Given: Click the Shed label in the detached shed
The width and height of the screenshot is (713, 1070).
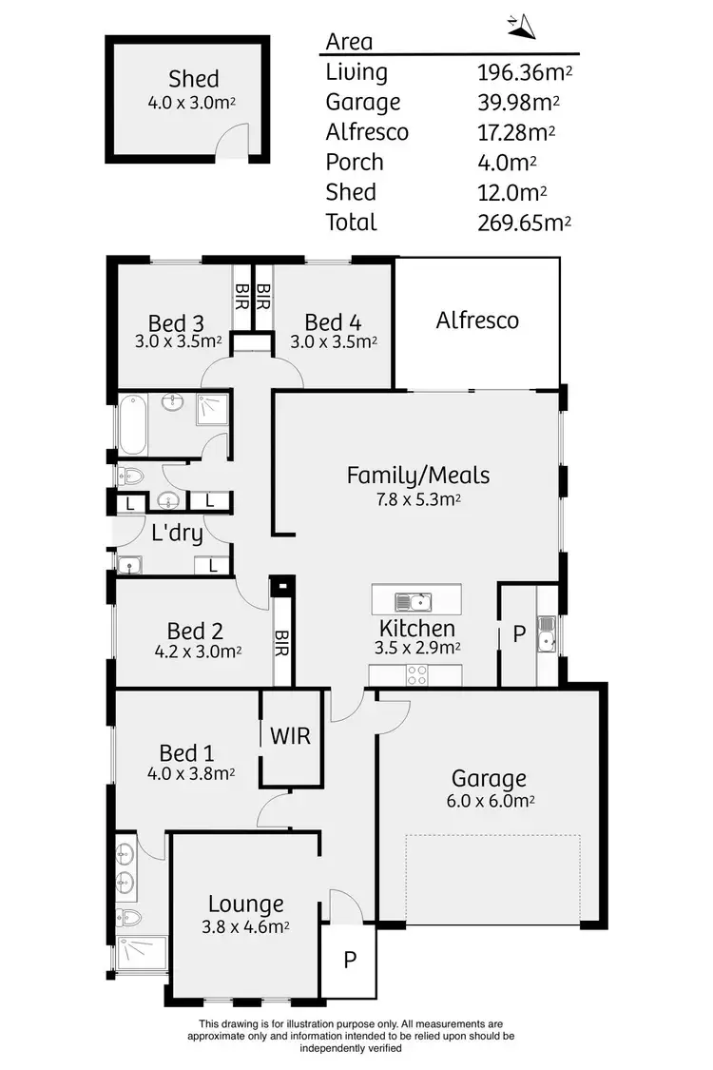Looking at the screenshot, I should [x=194, y=79].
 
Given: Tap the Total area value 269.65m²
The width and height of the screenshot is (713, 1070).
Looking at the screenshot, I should [x=525, y=223].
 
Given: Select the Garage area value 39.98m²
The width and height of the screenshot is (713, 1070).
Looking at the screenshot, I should [x=519, y=102].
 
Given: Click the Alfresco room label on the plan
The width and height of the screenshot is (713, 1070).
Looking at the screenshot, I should [x=477, y=320].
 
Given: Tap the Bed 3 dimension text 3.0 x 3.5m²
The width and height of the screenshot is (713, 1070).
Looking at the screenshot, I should [x=178, y=340].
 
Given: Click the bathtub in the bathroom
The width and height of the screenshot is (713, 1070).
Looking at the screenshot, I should [x=132, y=423].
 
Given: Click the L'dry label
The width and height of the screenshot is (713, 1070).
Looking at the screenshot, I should [x=178, y=533].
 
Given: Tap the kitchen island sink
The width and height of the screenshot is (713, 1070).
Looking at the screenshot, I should [x=415, y=600].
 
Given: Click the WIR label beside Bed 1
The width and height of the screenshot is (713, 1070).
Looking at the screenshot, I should [x=290, y=735].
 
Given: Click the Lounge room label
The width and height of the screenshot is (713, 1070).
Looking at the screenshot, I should [x=246, y=905].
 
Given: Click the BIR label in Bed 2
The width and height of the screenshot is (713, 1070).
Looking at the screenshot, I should [x=281, y=647].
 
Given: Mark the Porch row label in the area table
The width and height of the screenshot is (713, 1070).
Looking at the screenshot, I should [x=355, y=162].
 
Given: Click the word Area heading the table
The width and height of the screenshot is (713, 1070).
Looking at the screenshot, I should [x=349, y=41].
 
